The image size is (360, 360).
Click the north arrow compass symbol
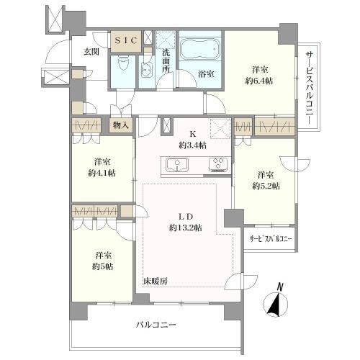274,302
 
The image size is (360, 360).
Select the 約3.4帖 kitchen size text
193,145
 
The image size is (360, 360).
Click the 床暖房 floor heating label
154,279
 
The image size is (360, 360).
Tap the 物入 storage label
121,125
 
